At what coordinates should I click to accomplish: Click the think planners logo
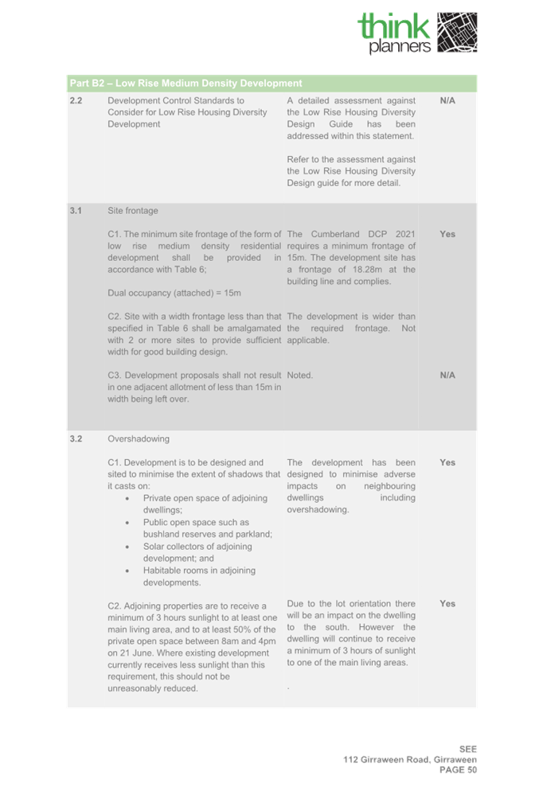tap(417, 33)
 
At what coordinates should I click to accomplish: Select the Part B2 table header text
tap(186, 83)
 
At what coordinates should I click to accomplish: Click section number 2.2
tap(76, 101)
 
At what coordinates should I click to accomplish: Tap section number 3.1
tap(76, 211)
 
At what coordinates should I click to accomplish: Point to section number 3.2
tap(76, 438)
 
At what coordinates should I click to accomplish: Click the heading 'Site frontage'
tap(133, 211)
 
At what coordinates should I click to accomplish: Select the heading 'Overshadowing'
tap(139, 438)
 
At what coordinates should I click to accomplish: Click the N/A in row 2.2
tap(447, 101)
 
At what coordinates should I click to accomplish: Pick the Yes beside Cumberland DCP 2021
tap(447, 234)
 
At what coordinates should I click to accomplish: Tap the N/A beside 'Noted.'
tap(447, 375)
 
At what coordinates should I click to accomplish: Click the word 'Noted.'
tap(300, 375)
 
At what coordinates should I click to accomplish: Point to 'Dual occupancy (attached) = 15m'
tap(174, 293)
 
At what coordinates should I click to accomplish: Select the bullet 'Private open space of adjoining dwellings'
tap(195, 504)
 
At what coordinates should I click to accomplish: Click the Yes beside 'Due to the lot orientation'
tap(447, 604)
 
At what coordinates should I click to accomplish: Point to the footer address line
tap(410, 759)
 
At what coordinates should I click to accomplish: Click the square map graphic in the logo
tap(457, 33)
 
